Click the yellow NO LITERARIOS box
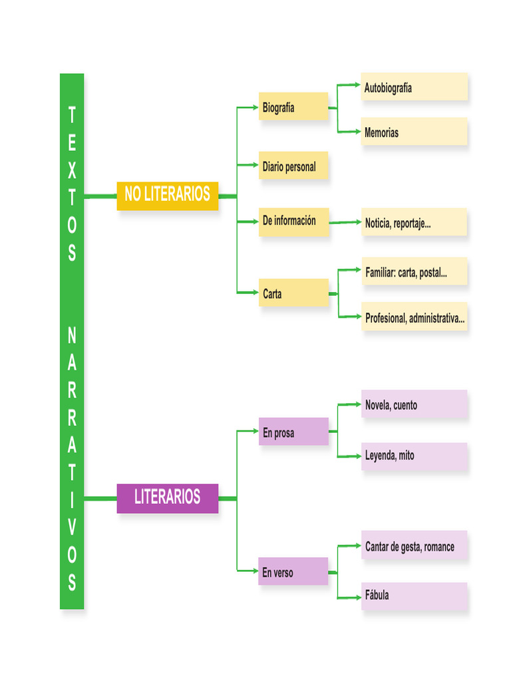pos(167,196)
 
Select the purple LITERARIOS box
pos(167,497)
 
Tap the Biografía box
pos(293,106)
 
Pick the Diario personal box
pos(293,166)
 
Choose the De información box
pos(293,221)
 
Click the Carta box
pos(293,293)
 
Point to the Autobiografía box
pos(414,87)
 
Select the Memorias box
pos(414,132)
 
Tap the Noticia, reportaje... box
pos(414,223)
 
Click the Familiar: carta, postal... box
pos(414,271)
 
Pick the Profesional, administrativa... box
pos(414,318)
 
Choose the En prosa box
pos(293,432)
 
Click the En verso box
pos(293,572)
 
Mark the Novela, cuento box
pos(414,404)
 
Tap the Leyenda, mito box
pos(414,456)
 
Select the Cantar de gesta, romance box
pos(414,546)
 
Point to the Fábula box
pos(414,596)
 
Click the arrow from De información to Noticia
pos(345,222)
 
